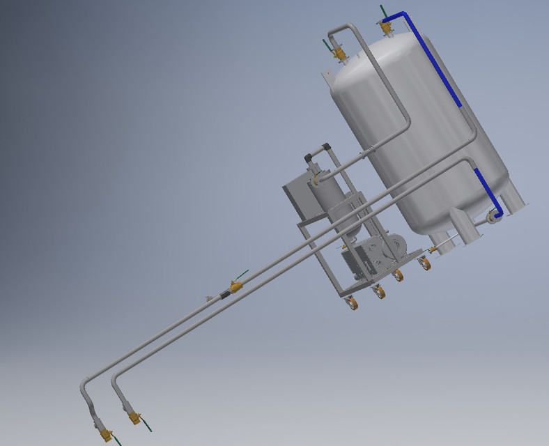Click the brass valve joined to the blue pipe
point(385,27)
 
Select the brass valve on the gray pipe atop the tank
point(339,53)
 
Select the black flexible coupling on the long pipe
point(224,294)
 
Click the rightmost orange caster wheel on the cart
point(425,263)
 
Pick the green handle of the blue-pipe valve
point(382,11)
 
